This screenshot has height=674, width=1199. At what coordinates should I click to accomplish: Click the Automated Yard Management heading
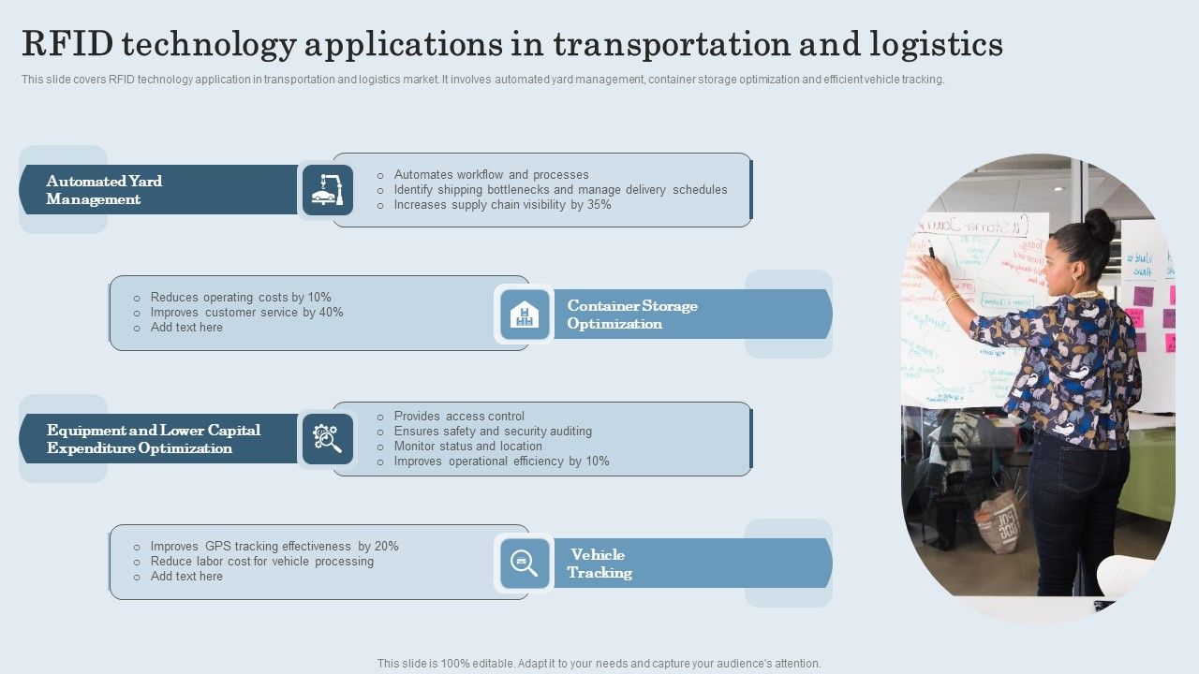(104, 190)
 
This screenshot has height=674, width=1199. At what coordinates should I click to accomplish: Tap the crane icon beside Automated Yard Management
(328, 190)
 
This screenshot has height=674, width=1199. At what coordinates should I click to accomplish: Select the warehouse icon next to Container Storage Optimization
(525, 315)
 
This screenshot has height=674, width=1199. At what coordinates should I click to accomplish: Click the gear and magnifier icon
(328, 439)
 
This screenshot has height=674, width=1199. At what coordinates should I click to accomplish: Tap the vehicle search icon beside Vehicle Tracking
(525, 564)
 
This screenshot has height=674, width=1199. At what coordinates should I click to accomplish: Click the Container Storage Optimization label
(632, 315)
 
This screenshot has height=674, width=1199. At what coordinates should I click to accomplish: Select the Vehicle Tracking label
(599, 564)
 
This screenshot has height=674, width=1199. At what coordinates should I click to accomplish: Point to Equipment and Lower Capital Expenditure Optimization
(154, 439)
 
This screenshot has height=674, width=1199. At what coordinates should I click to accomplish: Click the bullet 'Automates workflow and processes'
(491, 175)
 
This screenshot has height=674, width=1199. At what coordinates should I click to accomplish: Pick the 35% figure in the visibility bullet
(599, 205)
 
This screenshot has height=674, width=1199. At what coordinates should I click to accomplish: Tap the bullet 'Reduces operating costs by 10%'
(241, 298)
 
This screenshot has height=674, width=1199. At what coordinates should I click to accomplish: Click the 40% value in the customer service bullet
(332, 313)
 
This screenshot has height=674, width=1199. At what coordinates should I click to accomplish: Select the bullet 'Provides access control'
(459, 417)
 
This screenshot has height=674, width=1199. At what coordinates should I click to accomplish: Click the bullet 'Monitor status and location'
(467, 447)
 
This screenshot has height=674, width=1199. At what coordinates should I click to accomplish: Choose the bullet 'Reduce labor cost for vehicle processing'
(261, 562)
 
